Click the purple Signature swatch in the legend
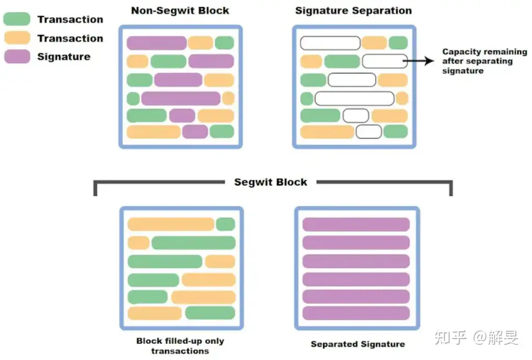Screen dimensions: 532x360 [17, 57]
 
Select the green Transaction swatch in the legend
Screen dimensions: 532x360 [17, 19]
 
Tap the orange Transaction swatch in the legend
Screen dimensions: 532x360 [17, 38]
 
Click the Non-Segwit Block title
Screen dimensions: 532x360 [180, 10]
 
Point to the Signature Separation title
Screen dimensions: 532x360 [353, 10]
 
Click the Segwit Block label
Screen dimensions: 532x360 [271, 182]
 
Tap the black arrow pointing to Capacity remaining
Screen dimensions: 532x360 [419, 61]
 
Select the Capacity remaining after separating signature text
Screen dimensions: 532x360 [485, 61]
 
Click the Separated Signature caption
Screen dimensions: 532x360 [358, 344]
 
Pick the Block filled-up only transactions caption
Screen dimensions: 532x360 [180, 346]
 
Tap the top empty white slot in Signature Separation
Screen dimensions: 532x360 [330, 43]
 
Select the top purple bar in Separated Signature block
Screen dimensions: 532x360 [356, 225]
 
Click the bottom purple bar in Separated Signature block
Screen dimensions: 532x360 [356, 313]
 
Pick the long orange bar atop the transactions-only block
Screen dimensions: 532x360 [171, 224]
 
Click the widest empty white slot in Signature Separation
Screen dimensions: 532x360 [354, 98]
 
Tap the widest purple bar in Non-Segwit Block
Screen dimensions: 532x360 [181, 98]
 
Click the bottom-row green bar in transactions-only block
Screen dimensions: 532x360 [210, 313]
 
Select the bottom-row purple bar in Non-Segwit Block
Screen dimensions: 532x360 [195, 131]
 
